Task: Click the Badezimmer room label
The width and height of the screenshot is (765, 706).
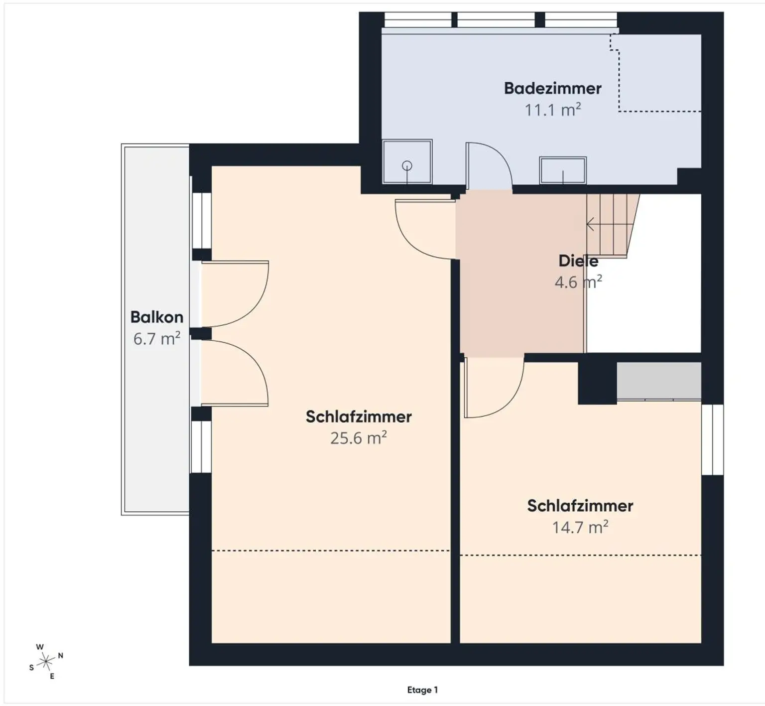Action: click(552, 88)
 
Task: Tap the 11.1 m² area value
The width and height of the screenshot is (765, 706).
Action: click(553, 110)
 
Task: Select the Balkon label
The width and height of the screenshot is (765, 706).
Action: click(156, 317)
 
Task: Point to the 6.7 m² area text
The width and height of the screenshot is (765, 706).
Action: click(156, 339)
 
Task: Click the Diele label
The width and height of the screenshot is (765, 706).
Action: click(578, 261)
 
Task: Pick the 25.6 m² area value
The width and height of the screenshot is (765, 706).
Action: click(359, 438)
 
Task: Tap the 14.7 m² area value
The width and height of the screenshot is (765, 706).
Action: click(580, 527)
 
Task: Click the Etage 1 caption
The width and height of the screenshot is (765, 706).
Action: click(422, 690)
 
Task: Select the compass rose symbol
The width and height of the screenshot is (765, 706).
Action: click(46, 662)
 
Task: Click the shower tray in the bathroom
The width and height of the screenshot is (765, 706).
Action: click(407, 161)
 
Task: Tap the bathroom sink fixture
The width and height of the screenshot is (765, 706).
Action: click(563, 170)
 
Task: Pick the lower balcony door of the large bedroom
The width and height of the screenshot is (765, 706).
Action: click(235, 373)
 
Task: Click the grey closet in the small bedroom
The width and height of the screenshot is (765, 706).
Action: click(659, 381)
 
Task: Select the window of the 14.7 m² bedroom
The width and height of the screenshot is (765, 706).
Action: click(712, 439)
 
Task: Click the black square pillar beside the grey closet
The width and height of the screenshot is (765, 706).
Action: click(597, 383)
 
